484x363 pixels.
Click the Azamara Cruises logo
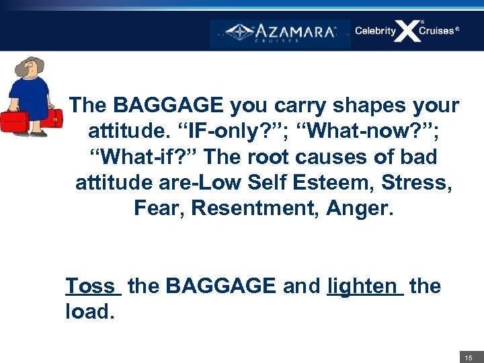coord(280,33)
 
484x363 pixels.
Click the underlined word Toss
coord(92,286)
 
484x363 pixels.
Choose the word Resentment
coord(255,208)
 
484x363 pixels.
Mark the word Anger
coord(360,208)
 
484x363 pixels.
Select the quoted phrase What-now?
coord(350,131)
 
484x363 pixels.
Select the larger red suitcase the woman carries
coord(15,122)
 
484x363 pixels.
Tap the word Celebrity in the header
coord(375,31)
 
